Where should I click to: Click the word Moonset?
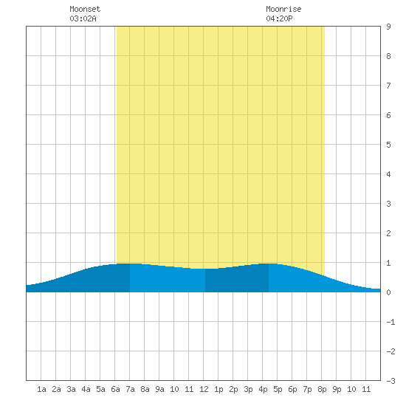[x=85, y=9]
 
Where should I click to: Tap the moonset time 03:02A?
[x=83, y=18]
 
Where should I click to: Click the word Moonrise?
[x=283, y=9]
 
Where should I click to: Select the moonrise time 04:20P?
[x=279, y=18]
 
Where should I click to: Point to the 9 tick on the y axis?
[x=388, y=27]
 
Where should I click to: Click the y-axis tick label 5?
[x=388, y=145]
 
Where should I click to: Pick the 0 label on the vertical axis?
[x=388, y=292]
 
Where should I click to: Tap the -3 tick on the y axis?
[x=390, y=381]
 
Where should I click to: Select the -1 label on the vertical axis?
[x=390, y=322]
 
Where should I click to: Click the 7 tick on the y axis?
[x=388, y=86]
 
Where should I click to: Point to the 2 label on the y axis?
[x=388, y=233]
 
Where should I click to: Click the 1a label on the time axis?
[x=41, y=389]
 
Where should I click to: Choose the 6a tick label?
[x=115, y=389]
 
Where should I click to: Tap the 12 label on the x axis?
[x=204, y=389]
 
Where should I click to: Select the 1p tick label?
[x=219, y=389]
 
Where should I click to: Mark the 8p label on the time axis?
[x=322, y=389]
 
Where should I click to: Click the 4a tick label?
[x=86, y=389]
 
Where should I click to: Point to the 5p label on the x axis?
[x=278, y=389]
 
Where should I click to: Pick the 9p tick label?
[x=337, y=389]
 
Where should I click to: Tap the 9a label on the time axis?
[x=159, y=389]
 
